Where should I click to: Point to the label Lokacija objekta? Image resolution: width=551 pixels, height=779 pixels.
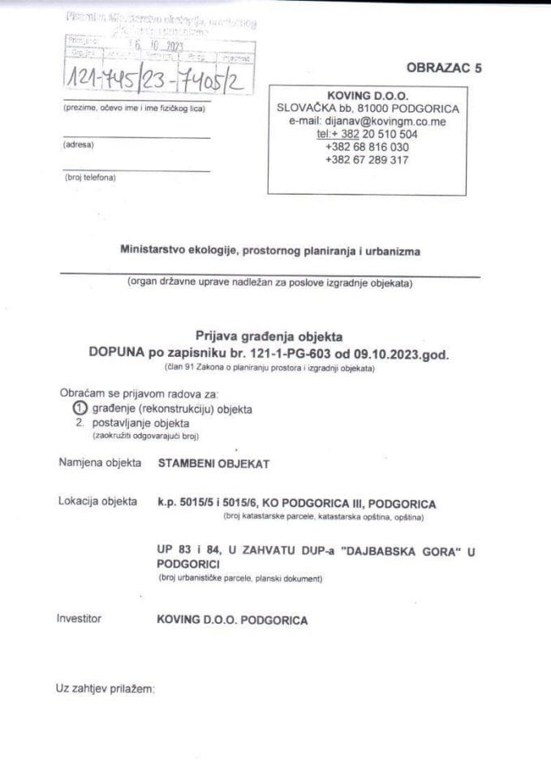[x=98, y=501]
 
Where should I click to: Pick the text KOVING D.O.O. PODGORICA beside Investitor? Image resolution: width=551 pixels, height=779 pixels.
[x=232, y=620]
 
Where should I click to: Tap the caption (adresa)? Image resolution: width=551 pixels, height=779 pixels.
[x=78, y=145]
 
